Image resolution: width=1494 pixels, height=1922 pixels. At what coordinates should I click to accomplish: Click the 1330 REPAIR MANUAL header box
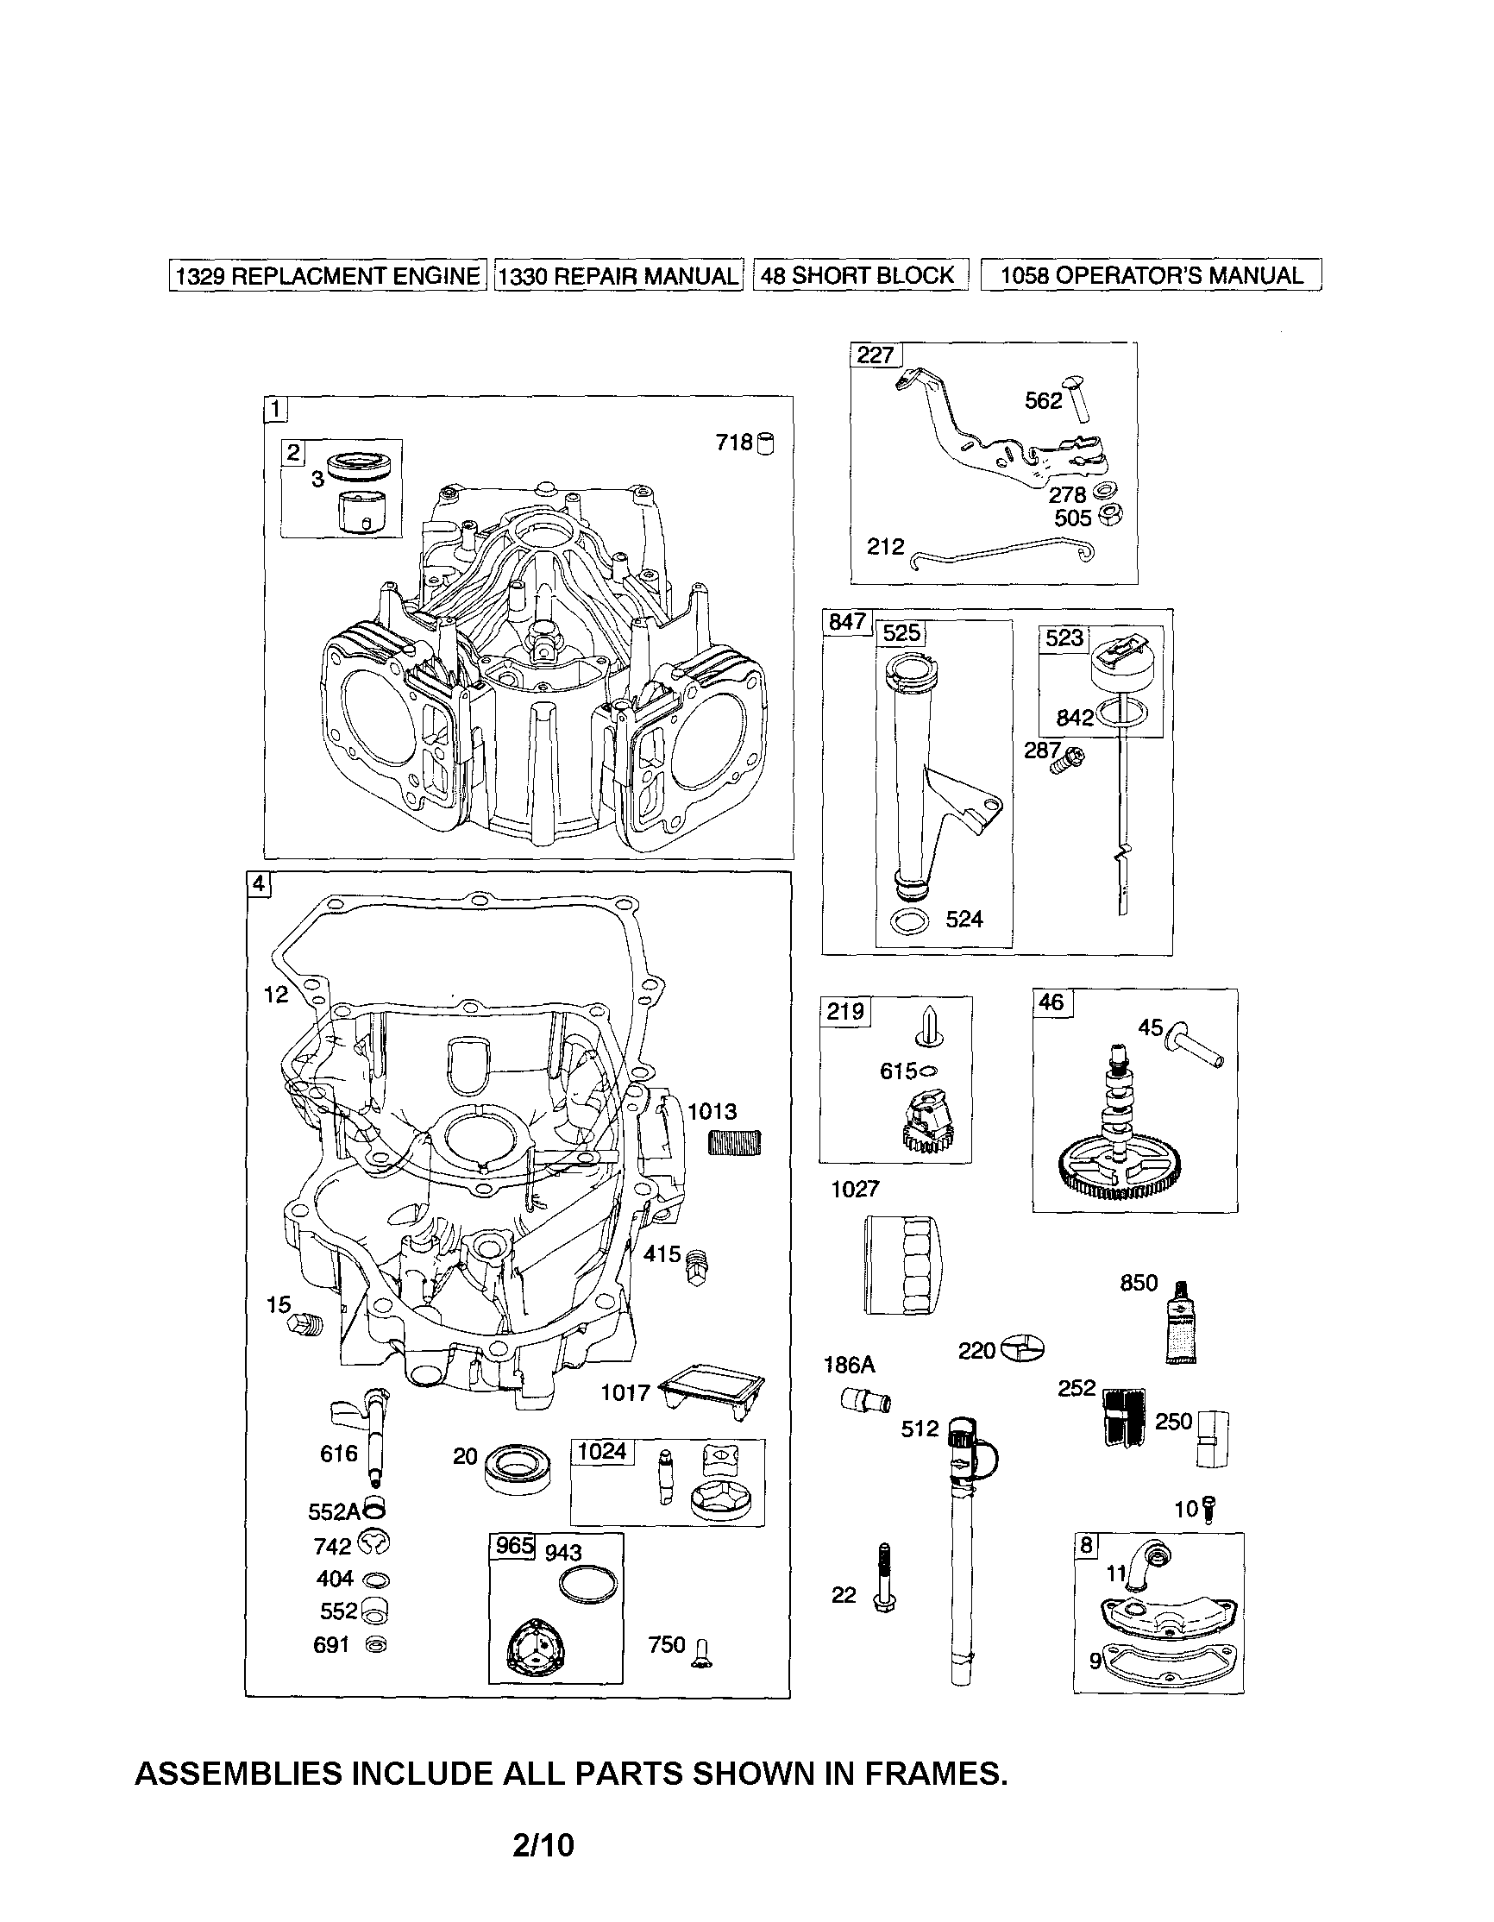(x=618, y=275)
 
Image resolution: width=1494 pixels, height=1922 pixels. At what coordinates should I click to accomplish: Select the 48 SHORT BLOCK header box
(x=860, y=274)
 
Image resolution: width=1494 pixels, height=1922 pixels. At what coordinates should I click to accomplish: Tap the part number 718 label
(x=734, y=442)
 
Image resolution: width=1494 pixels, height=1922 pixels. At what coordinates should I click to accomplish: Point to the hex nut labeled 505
(x=1112, y=517)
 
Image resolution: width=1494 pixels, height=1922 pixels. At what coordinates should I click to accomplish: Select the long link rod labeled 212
(x=1003, y=552)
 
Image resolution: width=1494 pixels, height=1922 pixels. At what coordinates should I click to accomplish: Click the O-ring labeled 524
(x=908, y=920)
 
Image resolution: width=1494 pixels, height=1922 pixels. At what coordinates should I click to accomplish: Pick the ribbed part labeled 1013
(x=735, y=1142)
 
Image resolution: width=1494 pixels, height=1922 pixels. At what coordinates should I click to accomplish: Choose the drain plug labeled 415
(x=697, y=1266)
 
